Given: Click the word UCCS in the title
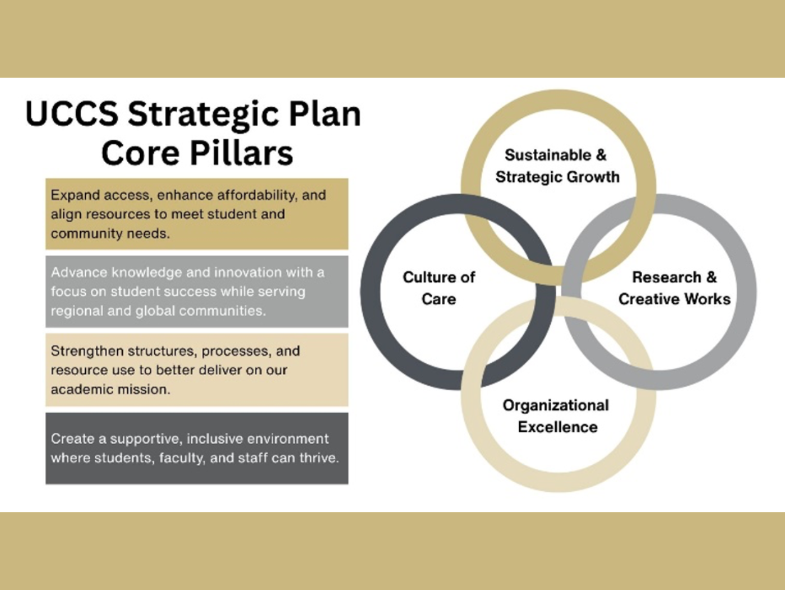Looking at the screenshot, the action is (x=72, y=114).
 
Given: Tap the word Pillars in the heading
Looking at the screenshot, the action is (x=241, y=153).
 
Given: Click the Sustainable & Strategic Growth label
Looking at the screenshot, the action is (x=557, y=166).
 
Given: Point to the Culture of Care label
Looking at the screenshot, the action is (x=439, y=288).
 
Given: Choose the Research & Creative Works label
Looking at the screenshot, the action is (x=674, y=288).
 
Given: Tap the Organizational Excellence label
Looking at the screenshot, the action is (x=556, y=416).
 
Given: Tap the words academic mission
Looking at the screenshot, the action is (x=110, y=390).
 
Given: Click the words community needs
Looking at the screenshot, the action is (x=110, y=234).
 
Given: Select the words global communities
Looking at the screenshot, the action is (x=201, y=311).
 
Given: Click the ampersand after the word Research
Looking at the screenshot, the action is (x=712, y=277).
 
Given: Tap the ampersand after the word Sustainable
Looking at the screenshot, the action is (x=601, y=155).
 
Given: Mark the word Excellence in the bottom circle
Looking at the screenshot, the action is (x=557, y=427).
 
